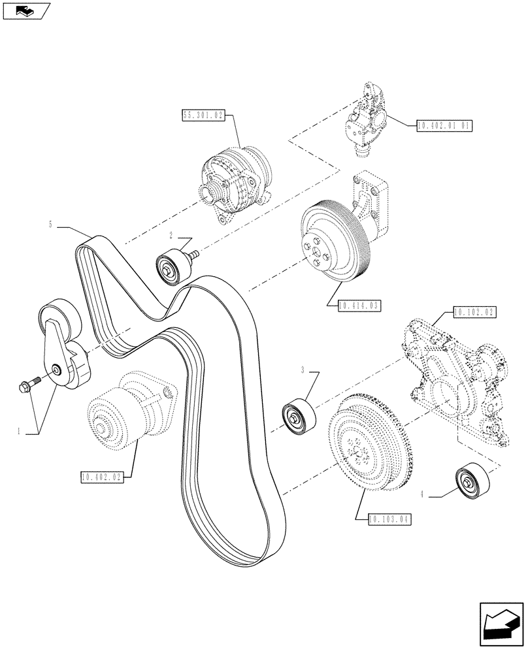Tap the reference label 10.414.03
coord(359,305)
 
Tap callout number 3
coord(303,370)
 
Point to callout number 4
coord(423,495)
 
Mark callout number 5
coord(51,225)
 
